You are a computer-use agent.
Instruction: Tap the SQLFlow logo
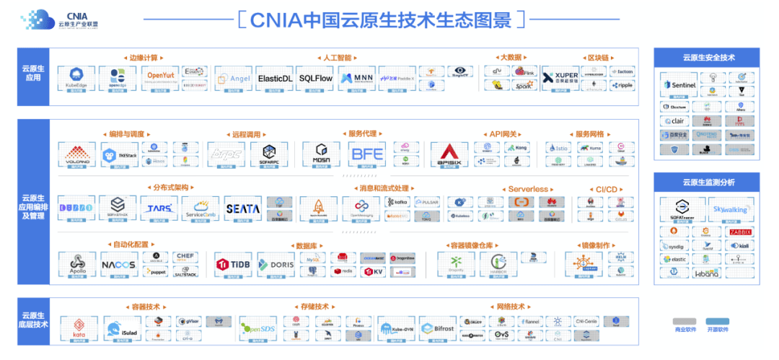(315, 79)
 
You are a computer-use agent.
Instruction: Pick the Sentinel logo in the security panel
(679, 85)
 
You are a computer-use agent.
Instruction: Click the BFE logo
(367, 154)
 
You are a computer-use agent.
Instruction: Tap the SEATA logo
(242, 208)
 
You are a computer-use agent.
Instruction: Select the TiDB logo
(232, 265)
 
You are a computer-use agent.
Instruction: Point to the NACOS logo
(118, 265)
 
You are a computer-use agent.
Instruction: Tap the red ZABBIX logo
(740, 232)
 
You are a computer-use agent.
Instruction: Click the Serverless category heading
(527, 189)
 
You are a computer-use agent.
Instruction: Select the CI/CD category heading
(606, 189)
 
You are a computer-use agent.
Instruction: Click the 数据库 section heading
(307, 245)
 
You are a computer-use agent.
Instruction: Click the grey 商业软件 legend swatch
(685, 321)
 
